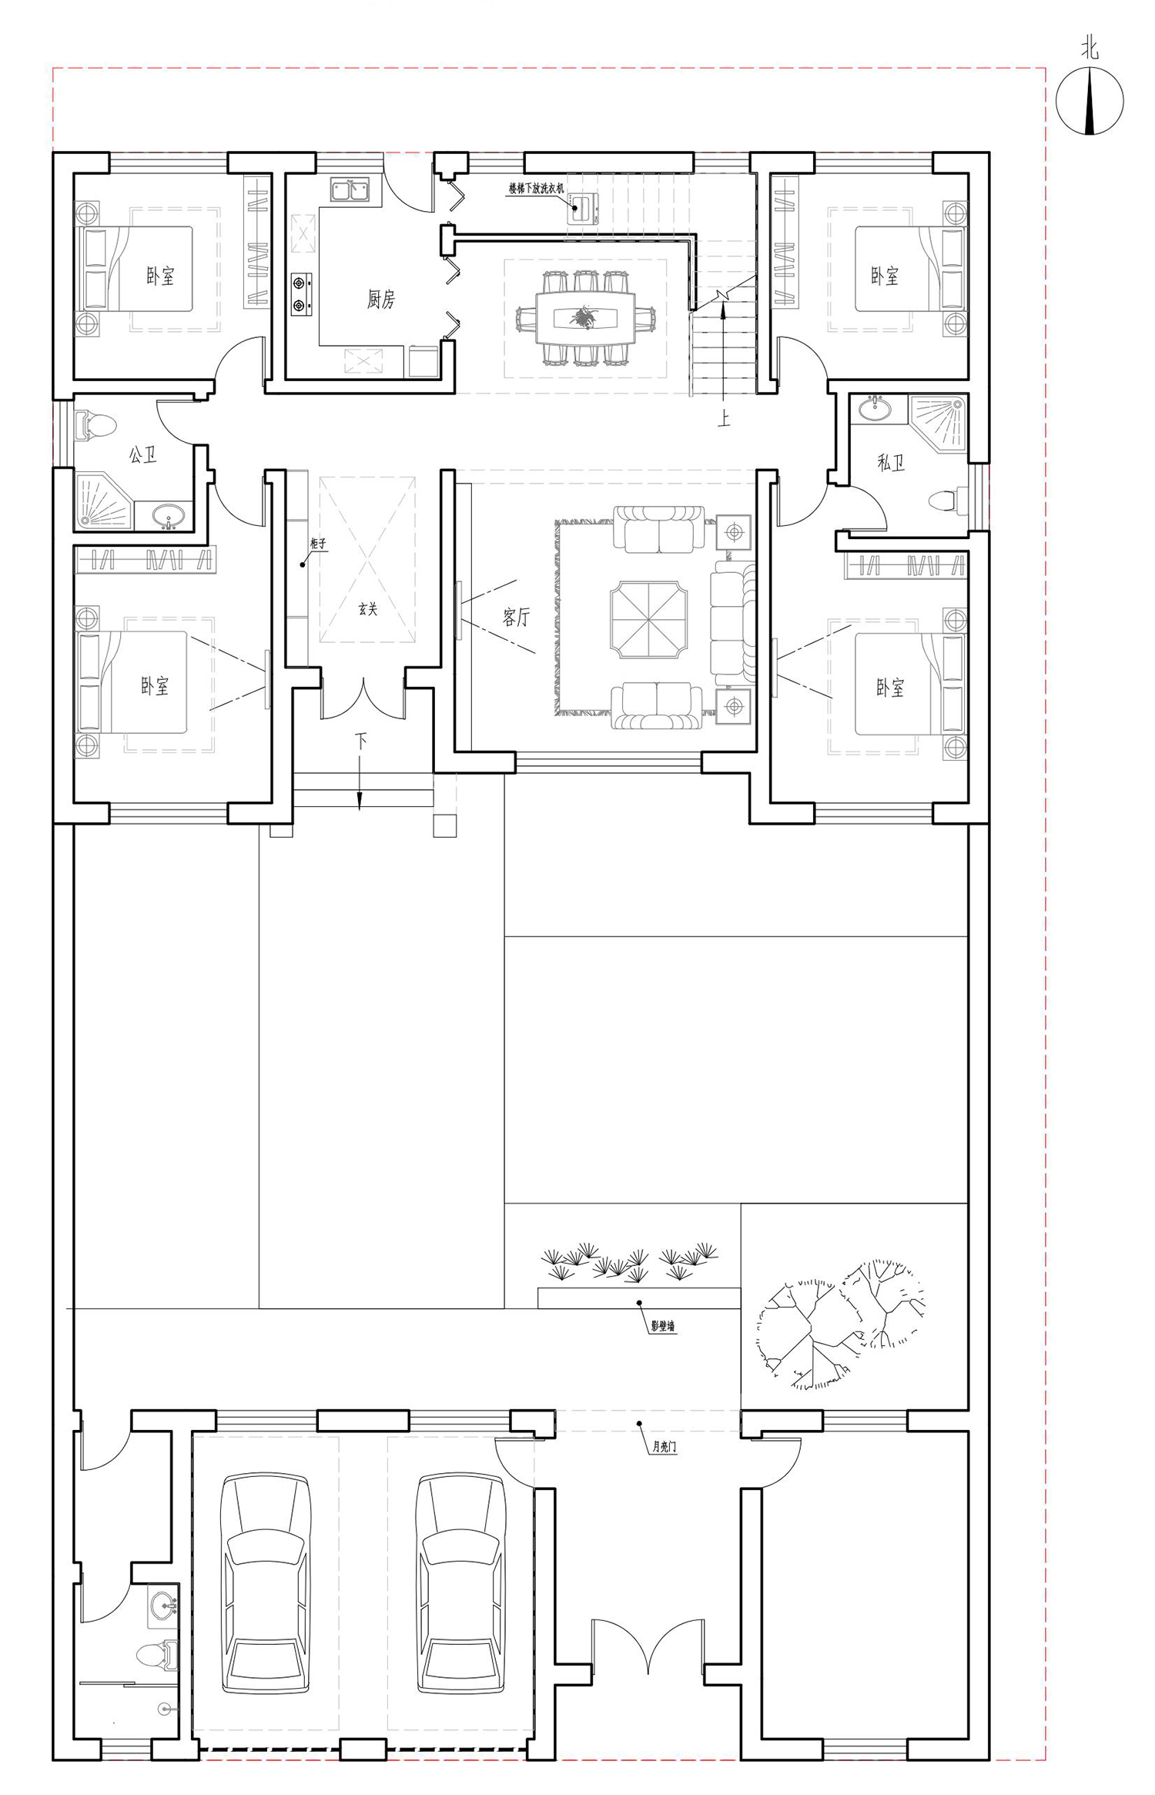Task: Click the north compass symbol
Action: click(x=1089, y=100)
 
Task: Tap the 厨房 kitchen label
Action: click(x=381, y=299)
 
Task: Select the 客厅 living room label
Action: click(x=516, y=617)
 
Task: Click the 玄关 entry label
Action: click(x=368, y=609)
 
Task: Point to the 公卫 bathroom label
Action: click(x=142, y=454)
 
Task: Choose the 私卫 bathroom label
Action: click(x=891, y=462)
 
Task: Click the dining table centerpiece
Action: click(x=584, y=316)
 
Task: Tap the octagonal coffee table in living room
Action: click(x=648, y=620)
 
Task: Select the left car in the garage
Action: click(x=266, y=1583)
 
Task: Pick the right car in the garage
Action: click(x=460, y=1583)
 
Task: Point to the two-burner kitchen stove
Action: click(x=301, y=294)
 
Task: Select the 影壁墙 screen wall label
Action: click(x=662, y=1326)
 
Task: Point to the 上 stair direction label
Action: click(x=724, y=418)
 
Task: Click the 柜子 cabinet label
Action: click(x=318, y=544)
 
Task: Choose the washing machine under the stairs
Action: click(x=583, y=208)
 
